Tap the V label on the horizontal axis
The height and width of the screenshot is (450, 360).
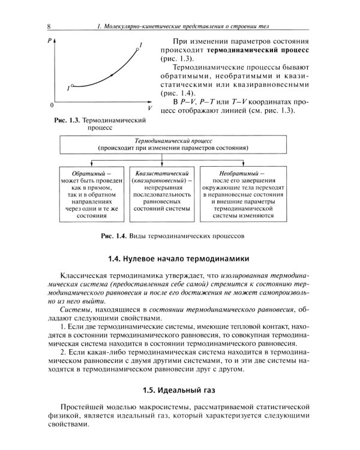point(147,109)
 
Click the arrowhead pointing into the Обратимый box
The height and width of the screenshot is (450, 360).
point(91,163)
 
